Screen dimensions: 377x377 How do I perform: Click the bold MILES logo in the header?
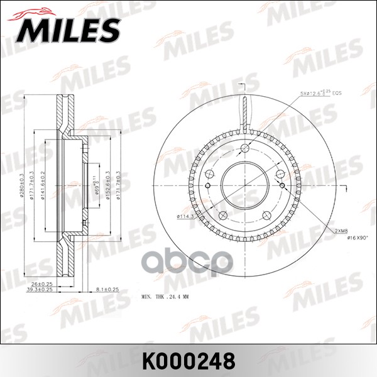point(68,28)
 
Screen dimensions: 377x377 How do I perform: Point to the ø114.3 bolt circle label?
point(183,217)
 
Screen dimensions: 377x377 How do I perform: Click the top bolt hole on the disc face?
point(245,148)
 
